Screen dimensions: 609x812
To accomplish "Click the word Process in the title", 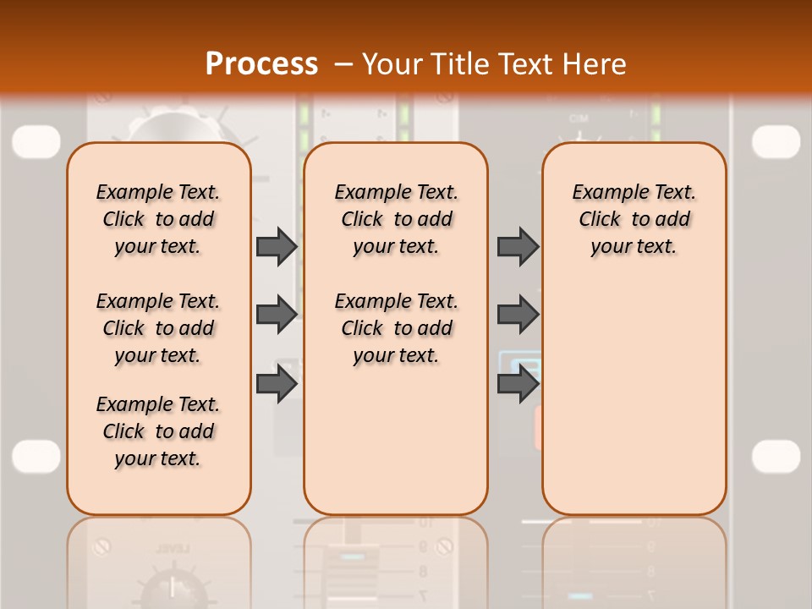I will point(261,63).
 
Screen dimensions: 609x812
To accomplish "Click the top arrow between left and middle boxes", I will point(277,246).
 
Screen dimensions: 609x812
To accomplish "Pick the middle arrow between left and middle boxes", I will point(277,315).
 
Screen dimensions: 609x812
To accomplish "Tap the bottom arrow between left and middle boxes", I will point(277,384).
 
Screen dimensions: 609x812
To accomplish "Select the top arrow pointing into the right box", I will point(518,246).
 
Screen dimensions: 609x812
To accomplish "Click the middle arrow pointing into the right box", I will point(518,315).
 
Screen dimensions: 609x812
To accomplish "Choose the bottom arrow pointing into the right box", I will point(518,384).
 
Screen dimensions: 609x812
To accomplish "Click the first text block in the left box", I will point(158,219).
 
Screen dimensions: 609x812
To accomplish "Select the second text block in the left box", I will point(158,328).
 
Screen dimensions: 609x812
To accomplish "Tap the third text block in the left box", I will point(158,431).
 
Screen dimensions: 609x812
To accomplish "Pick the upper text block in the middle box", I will point(397,219).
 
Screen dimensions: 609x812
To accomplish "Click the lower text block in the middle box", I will point(397,328).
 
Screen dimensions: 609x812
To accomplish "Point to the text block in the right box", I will point(634,219).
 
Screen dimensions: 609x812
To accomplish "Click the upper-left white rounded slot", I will point(36,141).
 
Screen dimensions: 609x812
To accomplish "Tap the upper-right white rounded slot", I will point(776,141).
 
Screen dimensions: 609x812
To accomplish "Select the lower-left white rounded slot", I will point(36,456).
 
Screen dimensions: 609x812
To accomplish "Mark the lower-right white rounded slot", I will point(776,456).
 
